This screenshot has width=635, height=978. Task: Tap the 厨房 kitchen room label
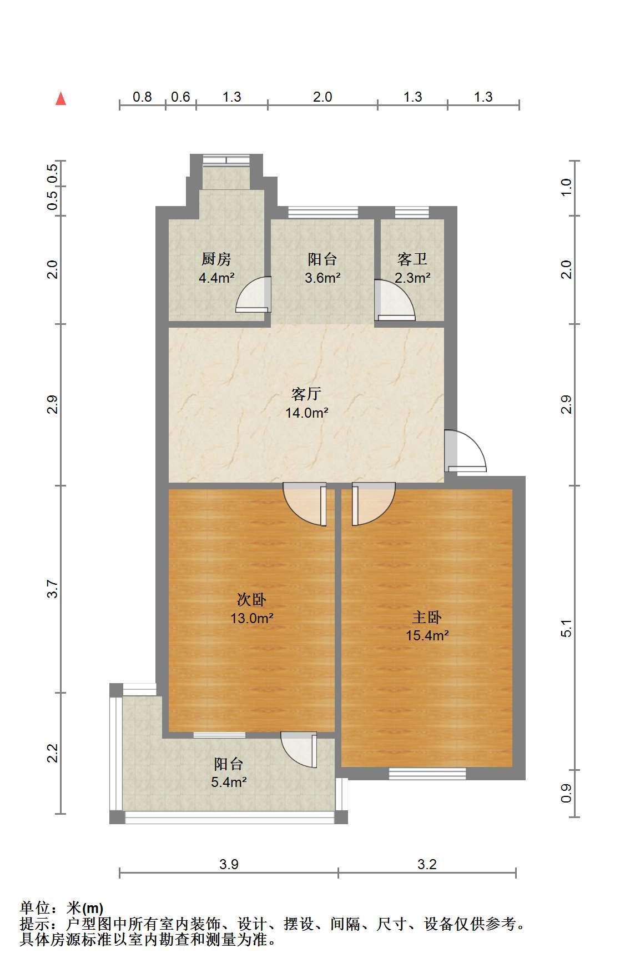[216, 259]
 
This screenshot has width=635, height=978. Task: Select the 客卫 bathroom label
[412, 259]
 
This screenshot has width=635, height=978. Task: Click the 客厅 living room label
[306, 394]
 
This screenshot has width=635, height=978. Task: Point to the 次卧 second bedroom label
[251, 600]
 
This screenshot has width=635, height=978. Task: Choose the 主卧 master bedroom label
[427, 618]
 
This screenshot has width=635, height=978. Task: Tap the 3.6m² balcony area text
[322, 278]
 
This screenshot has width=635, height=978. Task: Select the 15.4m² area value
[427, 635]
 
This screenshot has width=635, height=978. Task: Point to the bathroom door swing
[395, 300]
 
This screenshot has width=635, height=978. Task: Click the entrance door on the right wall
[465, 451]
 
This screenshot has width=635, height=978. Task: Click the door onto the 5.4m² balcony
[299, 750]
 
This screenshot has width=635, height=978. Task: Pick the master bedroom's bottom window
[427, 773]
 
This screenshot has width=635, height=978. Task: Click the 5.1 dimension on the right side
[566, 628]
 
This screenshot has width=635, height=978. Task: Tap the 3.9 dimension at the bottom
[229, 864]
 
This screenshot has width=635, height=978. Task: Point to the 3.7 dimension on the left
[52, 589]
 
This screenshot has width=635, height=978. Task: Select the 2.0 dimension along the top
[322, 97]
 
